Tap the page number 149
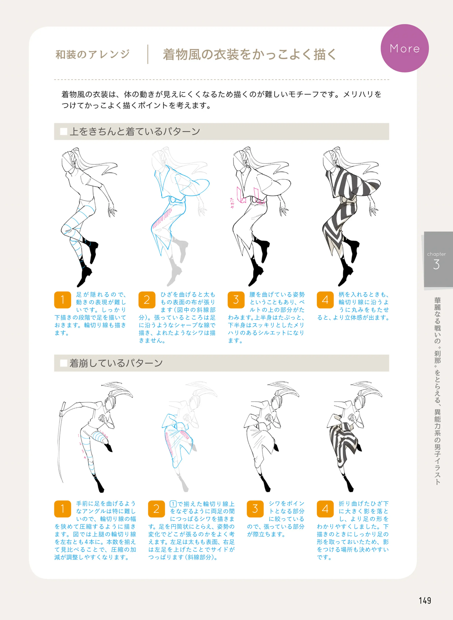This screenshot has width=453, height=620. (x=425, y=601)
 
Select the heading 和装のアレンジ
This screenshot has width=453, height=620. (x=92, y=54)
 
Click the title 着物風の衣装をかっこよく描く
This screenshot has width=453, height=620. (x=249, y=54)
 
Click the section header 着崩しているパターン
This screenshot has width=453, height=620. (x=116, y=363)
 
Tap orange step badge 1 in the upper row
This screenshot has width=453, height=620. (x=63, y=300)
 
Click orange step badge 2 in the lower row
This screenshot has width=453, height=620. (x=156, y=509)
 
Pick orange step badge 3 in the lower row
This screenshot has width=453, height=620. (x=255, y=509)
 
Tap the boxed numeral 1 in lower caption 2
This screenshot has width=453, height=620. (x=173, y=504)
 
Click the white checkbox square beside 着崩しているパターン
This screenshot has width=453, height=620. (x=64, y=363)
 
